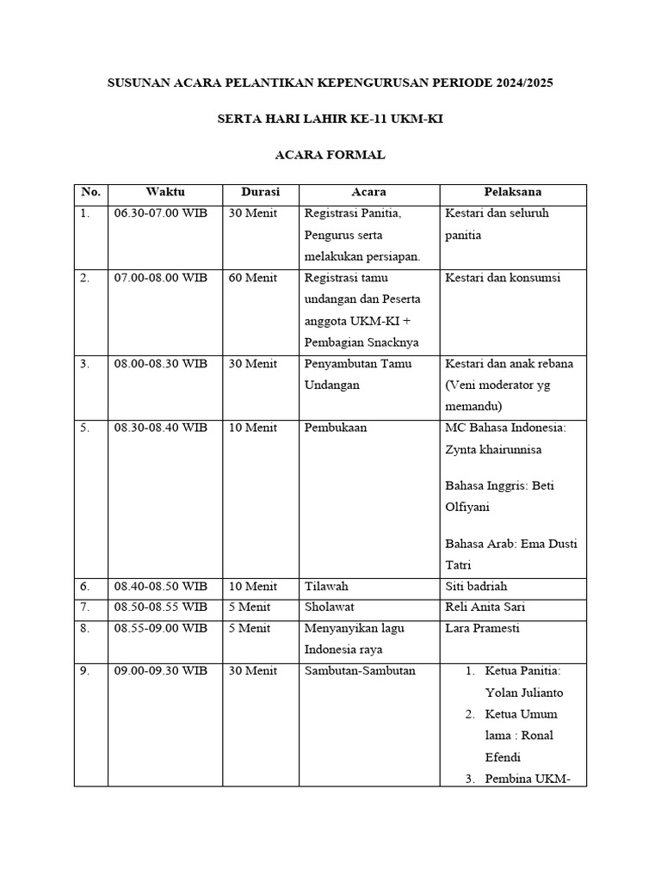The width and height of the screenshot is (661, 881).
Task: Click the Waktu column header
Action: coord(165,192)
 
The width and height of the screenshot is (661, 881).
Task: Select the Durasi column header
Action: coord(260,192)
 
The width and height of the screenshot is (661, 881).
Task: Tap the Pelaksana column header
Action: coord(513,192)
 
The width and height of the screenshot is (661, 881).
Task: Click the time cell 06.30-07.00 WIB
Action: coord(160,213)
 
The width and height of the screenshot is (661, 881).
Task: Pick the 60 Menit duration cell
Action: coord(253,278)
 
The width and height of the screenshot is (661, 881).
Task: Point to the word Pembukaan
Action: coord(336,428)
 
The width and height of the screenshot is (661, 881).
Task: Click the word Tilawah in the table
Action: coord(326,586)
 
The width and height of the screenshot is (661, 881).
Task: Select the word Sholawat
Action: coord(330,607)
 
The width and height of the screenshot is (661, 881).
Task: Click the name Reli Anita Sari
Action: coord(485,607)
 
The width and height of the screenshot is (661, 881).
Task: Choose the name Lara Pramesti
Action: coord(482,628)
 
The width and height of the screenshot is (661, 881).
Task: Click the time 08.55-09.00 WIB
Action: coord(160,628)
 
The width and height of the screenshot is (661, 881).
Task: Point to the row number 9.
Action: coord(85,671)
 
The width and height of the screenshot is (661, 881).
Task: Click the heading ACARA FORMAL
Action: coord(330,155)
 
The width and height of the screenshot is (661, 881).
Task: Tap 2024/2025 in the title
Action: coord(525,83)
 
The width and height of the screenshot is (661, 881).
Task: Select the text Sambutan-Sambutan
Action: coord(360,671)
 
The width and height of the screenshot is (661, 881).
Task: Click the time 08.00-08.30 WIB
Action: coord(160,364)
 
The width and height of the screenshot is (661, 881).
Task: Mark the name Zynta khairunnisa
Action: coord(494,449)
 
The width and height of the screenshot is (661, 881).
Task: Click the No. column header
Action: coord(90,192)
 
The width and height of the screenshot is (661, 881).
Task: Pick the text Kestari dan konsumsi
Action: coord(503,278)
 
